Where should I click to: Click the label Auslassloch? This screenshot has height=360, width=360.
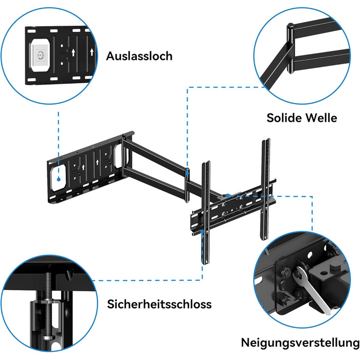point(139,56)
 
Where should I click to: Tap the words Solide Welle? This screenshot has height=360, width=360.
point(302,118)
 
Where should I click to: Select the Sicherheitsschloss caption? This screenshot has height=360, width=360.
point(159,304)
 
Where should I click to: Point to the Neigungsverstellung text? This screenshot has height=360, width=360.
point(300,343)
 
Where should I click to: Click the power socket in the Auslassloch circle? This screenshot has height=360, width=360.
point(40,55)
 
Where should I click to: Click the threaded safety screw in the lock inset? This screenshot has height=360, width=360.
point(48,305)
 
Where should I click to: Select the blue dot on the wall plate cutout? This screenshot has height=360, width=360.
point(59,179)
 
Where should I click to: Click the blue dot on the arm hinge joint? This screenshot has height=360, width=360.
point(187,172)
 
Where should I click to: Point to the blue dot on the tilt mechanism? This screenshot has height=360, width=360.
point(227,195)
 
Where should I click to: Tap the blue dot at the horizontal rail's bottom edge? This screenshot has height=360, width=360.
point(202,231)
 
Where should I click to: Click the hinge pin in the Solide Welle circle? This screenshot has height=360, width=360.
point(290,48)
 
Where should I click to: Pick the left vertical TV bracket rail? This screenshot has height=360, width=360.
point(206,212)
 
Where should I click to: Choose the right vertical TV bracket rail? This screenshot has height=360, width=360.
point(265,189)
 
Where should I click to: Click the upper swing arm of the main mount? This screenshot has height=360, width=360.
point(154,154)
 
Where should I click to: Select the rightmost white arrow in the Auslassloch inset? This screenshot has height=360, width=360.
point(92,52)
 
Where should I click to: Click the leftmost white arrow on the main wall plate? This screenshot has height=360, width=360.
point(83,167)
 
